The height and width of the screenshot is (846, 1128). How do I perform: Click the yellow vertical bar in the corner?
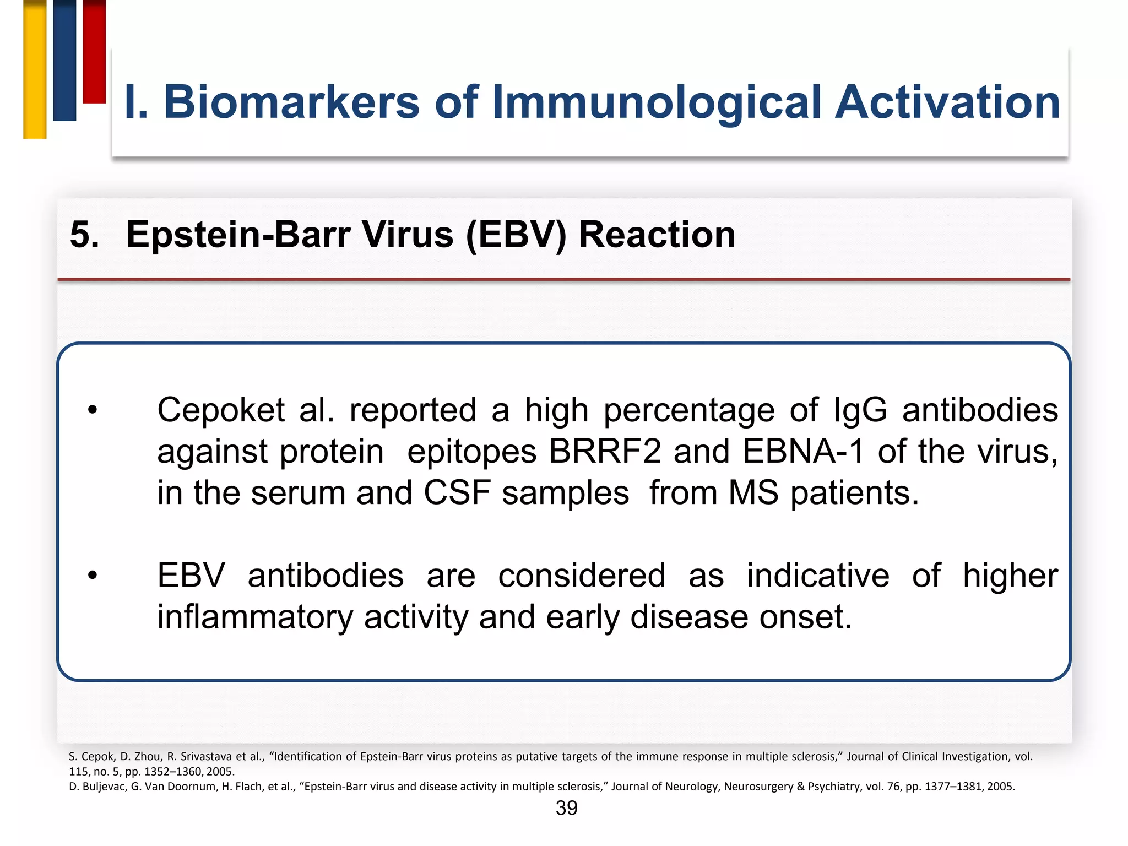35,69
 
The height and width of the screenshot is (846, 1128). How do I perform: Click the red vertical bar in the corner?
94,52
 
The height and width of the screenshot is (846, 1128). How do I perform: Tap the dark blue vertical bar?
64,61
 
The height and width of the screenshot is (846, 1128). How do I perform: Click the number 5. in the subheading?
85,235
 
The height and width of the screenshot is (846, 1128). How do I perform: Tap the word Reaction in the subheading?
657,235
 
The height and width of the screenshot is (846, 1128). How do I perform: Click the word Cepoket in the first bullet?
221,410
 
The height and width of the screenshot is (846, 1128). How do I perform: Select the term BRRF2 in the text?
604,452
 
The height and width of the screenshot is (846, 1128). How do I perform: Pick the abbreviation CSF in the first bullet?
457,492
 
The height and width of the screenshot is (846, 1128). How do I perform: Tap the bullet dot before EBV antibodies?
92,576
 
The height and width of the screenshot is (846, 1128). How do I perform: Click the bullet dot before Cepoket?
92,410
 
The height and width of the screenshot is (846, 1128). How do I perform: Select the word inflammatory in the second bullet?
254,617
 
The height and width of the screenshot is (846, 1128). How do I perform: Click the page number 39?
566,808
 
